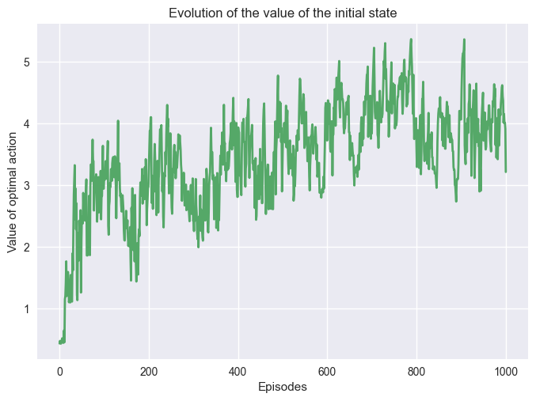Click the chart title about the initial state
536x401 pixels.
coord(283,13)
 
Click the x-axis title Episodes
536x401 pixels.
coord(283,387)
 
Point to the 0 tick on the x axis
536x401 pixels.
coord(59,373)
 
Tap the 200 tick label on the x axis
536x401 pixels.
coord(149,373)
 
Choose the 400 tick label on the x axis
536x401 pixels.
coord(238,373)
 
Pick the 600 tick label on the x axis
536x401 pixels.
coord(328,373)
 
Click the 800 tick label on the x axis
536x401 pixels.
coord(417,373)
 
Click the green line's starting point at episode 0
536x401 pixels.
coord(59,342)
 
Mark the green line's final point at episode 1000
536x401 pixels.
coord(506,171)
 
